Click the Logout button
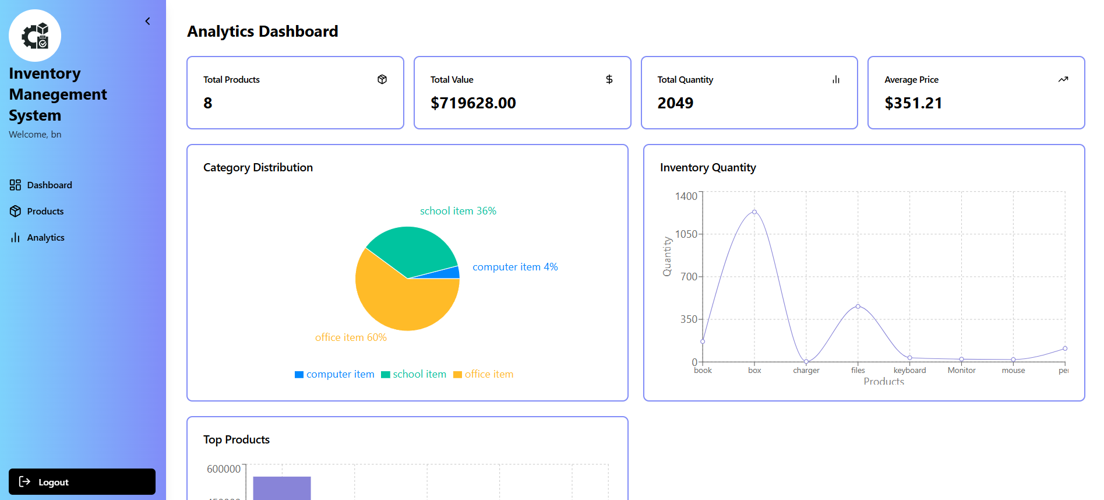[x=82, y=482]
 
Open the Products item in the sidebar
[x=45, y=211]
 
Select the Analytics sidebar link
[x=45, y=237]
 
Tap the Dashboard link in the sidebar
[x=49, y=185]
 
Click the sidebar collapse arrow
[x=147, y=22]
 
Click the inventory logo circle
[x=35, y=36]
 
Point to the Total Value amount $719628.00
[x=472, y=103]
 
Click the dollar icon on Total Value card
[x=609, y=79]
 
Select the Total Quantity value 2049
[x=675, y=103]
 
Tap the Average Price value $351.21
[x=912, y=103]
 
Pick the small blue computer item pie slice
[x=449, y=273]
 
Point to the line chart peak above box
[x=754, y=212]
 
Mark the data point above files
[x=858, y=307]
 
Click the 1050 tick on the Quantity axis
[x=686, y=234]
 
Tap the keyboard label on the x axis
[x=909, y=370]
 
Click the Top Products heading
[x=236, y=439]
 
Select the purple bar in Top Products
[x=281, y=488]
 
